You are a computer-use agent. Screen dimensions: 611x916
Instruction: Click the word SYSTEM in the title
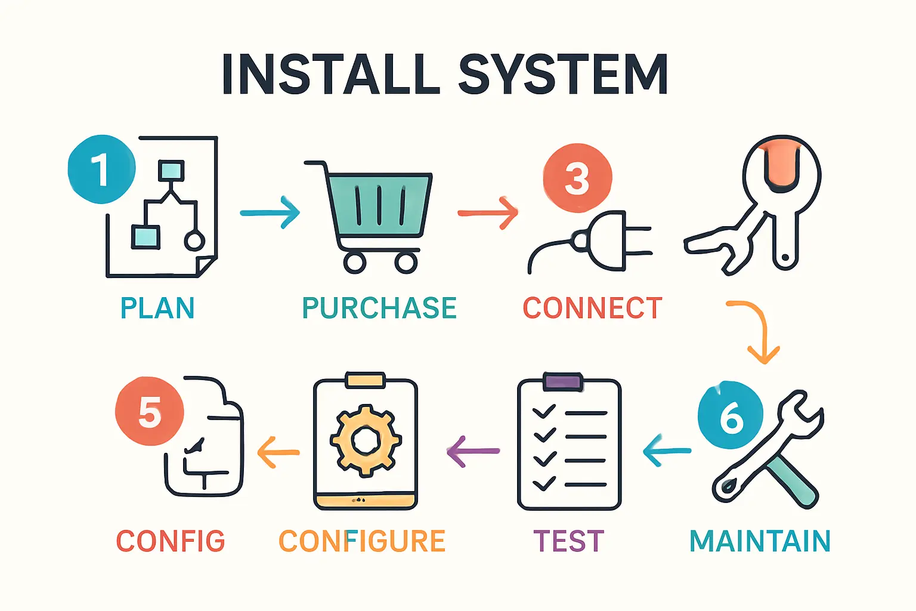pyautogui.click(x=562, y=75)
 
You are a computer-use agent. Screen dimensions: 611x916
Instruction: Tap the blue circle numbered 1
pyautogui.click(x=101, y=169)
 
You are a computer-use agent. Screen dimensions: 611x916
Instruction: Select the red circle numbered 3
pyautogui.click(x=577, y=178)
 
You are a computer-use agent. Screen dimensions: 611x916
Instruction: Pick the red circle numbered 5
pyautogui.click(x=149, y=411)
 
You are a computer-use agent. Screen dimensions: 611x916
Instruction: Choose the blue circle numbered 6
pyautogui.click(x=731, y=415)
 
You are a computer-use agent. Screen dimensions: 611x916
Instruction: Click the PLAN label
pyautogui.click(x=157, y=308)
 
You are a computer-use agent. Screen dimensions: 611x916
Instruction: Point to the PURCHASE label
pyautogui.click(x=379, y=308)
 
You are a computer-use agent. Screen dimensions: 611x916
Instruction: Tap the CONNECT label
pyautogui.click(x=592, y=308)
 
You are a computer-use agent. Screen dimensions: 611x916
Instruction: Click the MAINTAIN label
pyautogui.click(x=760, y=541)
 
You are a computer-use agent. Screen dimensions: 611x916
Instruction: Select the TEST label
pyautogui.click(x=568, y=541)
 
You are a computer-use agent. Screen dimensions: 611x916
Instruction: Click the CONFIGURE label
pyautogui.click(x=362, y=541)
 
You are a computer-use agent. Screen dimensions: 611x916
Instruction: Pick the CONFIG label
pyautogui.click(x=171, y=541)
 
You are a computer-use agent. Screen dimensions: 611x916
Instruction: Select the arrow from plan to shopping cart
pyautogui.click(x=270, y=212)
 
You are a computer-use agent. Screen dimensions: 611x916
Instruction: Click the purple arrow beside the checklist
pyautogui.click(x=473, y=451)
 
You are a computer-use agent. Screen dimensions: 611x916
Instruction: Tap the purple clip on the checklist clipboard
pyautogui.click(x=563, y=382)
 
